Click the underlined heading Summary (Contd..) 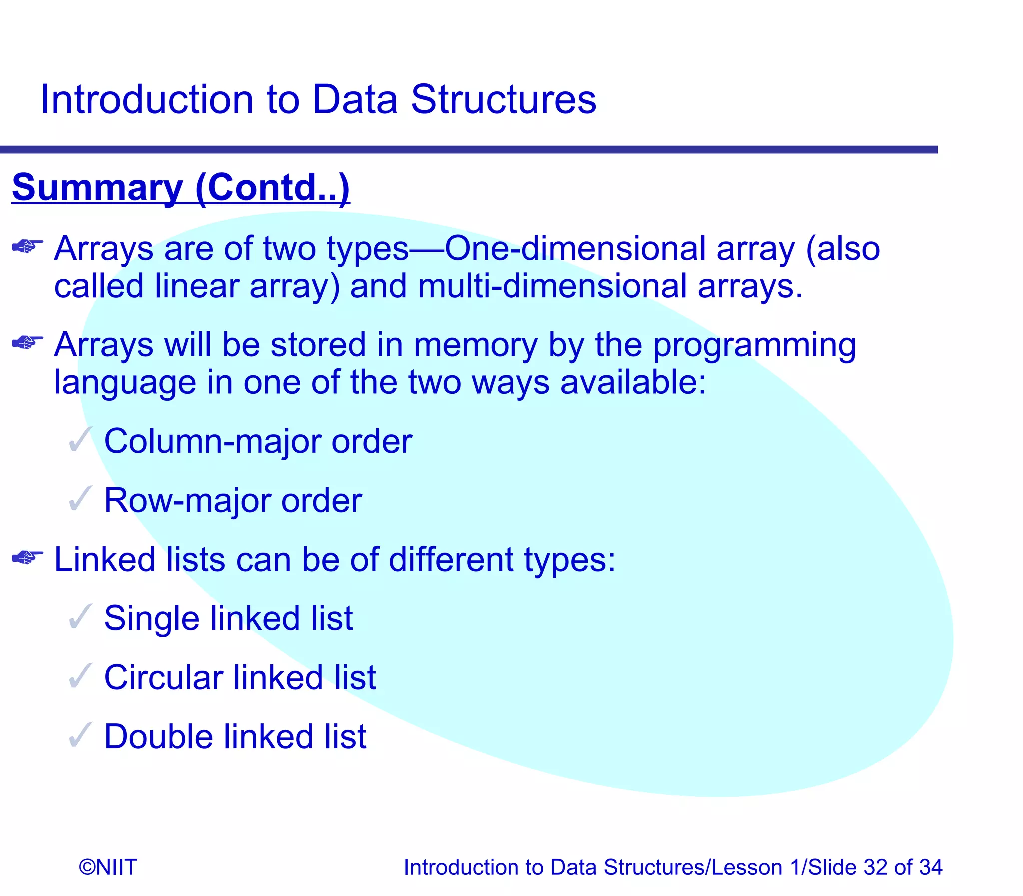pyautogui.click(x=181, y=188)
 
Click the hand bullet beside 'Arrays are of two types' pyautogui.click(x=27, y=246)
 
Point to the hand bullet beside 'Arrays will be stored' pyautogui.click(x=27, y=342)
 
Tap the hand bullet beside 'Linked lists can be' pyautogui.click(x=27, y=557)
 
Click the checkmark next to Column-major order pyautogui.click(x=80, y=439)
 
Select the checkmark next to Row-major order pyautogui.click(x=80, y=499)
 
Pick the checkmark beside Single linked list pyautogui.click(x=80, y=616)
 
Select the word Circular pyautogui.click(x=163, y=678)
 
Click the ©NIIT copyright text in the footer pyautogui.click(x=108, y=867)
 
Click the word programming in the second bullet pyautogui.click(x=754, y=346)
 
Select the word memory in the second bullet pyautogui.click(x=475, y=346)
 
